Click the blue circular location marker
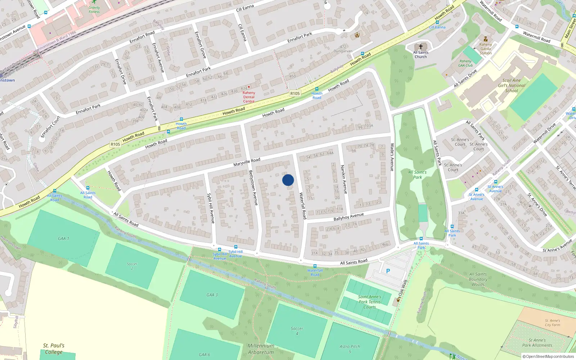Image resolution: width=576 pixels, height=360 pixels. point(288,180)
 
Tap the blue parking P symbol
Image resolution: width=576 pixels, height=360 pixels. point(388,271)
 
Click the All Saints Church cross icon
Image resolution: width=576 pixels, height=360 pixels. point(420,47)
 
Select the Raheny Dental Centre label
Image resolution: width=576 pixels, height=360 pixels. point(249,97)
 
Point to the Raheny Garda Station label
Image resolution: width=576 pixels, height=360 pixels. point(485,49)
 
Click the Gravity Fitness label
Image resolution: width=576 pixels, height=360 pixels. point(94,9)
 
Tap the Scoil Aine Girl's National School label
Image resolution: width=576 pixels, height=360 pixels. point(512,86)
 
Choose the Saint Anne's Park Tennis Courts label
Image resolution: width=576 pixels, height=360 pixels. point(369,302)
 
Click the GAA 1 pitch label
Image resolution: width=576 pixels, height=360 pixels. point(63,238)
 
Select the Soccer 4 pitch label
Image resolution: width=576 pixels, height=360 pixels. point(297,331)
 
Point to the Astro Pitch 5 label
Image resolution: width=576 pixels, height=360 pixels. point(350,349)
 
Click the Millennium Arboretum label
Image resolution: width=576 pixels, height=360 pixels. point(261,349)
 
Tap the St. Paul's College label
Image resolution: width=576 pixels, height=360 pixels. point(54,349)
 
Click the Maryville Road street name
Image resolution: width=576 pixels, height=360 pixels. point(247,162)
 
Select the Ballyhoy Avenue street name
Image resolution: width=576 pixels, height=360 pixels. point(348,217)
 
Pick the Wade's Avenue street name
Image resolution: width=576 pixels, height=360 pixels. point(392,157)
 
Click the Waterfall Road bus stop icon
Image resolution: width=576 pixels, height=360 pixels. point(315,266)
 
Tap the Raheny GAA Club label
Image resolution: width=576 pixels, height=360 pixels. point(465,63)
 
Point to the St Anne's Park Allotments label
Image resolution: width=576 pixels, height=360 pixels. point(537,343)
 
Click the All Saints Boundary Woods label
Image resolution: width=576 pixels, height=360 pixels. point(478,279)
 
